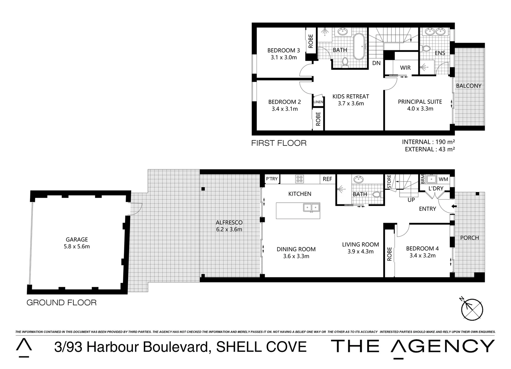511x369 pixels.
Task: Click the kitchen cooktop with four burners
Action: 300,179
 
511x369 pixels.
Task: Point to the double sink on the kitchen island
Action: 311,207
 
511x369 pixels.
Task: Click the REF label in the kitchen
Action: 327,179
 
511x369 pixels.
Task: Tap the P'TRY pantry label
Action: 272,179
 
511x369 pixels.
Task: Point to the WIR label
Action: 405,68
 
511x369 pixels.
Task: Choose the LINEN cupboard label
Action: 318,102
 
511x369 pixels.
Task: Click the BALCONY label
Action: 468,86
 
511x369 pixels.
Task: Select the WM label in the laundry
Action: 443,179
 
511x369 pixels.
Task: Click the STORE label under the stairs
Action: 389,181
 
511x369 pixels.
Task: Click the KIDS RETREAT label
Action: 350,96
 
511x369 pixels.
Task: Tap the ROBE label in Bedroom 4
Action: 390,254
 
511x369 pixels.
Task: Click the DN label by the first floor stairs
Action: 376,63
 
